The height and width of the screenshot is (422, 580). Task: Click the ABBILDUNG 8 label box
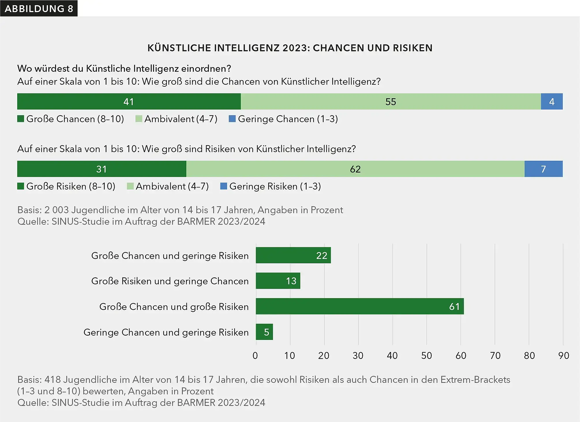coord(39,8)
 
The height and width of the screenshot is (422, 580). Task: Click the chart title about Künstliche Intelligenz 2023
coord(290,48)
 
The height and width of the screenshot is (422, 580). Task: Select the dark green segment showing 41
coord(129,101)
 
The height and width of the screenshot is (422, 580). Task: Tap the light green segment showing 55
coord(391,101)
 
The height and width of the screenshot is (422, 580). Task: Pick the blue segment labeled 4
coord(551,101)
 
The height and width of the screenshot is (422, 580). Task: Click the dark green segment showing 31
coord(102,169)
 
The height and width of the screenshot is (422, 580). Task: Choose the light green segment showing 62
coord(355,169)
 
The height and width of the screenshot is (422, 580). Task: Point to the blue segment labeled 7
coord(543,169)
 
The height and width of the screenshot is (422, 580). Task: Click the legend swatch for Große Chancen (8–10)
coord(21,119)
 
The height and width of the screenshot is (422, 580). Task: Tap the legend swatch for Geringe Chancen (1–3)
coord(232,119)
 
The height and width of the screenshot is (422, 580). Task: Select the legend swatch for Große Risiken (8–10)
coord(21,186)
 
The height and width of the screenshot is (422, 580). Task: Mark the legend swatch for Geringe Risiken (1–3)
coord(224,186)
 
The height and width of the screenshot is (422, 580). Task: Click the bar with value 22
coord(293,255)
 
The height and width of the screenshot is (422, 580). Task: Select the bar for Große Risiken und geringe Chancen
coord(278,281)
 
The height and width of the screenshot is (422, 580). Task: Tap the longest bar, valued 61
coord(360,306)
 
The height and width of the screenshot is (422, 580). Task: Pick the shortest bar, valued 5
coord(264,332)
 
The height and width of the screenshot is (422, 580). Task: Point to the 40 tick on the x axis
coord(392,356)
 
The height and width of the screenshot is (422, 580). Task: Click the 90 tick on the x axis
coord(563,356)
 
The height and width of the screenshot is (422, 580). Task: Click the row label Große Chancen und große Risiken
coord(174,306)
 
